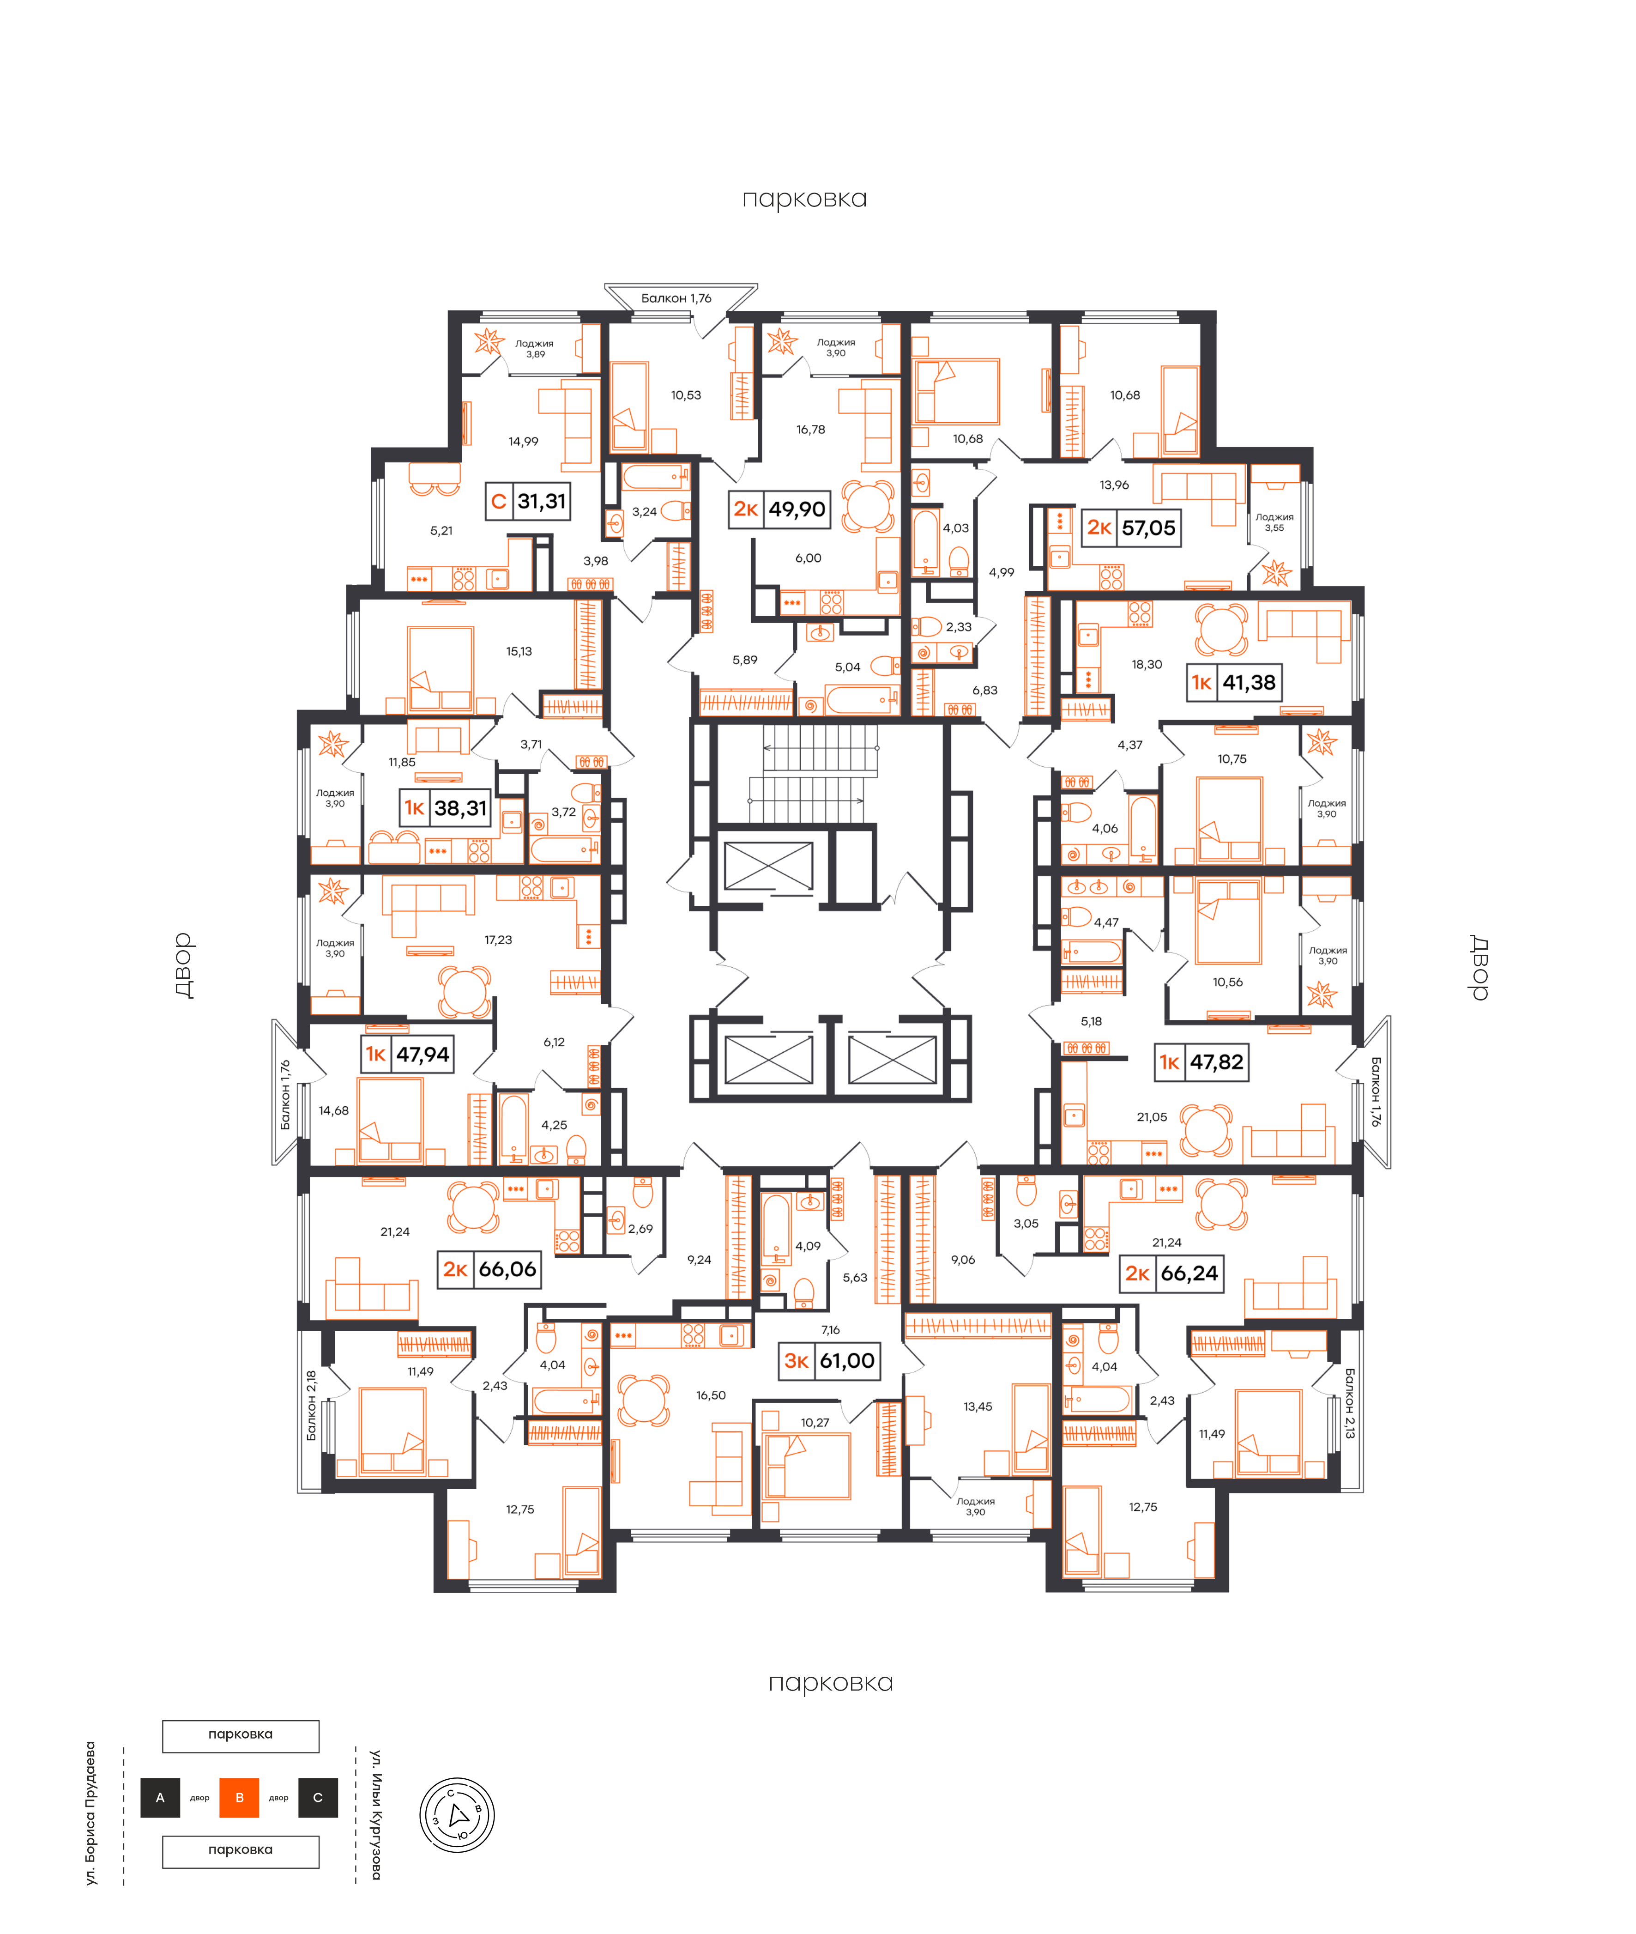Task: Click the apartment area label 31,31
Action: (542, 502)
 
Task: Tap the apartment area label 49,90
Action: (797, 509)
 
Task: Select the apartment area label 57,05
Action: (1148, 528)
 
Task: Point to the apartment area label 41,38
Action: (1248, 683)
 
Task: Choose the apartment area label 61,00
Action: (847, 1361)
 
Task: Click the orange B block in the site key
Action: (239, 1798)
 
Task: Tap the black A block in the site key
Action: (160, 1798)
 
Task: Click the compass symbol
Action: (457, 1815)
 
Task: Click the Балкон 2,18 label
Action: (312, 1405)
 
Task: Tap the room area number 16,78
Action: (810, 430)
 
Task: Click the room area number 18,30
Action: (1147, 664)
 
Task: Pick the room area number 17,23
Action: (498, 940)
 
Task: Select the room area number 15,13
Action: (519, 651)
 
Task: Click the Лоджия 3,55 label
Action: (1274, 522)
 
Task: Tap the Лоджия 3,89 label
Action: (535, 349)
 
